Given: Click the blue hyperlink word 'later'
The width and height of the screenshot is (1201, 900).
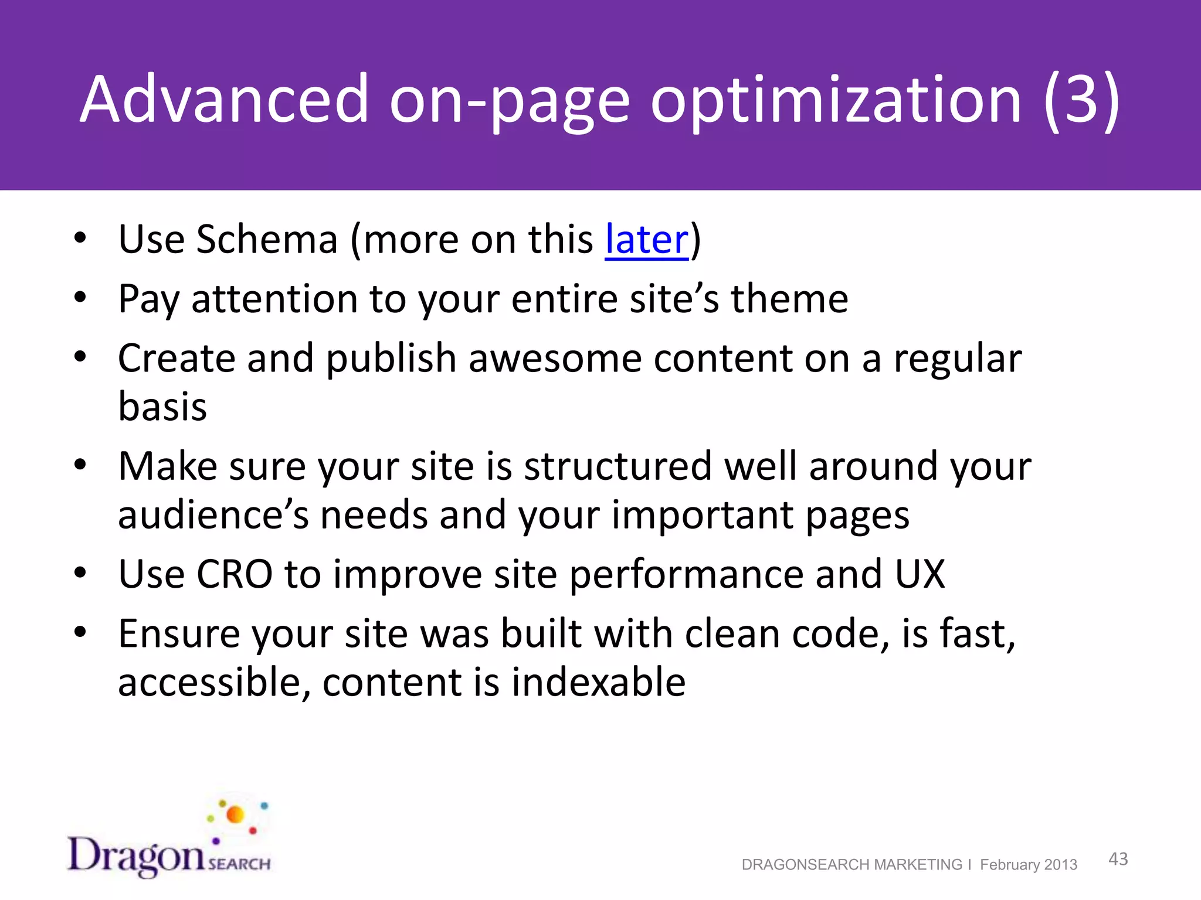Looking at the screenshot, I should (646, 240).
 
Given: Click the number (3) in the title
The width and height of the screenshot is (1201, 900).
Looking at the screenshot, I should (1081, 100).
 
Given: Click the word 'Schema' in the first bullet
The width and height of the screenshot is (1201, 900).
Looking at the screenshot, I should (267, 240).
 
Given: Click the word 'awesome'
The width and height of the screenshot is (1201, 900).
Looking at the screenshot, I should (555, 359).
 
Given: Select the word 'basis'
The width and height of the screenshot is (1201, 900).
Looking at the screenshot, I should (162, 407).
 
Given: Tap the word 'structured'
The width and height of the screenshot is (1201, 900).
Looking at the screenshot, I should (618, 466).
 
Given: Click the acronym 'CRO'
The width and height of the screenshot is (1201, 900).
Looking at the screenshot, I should (234, 574).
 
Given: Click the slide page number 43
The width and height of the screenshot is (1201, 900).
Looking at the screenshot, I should (1118, 859).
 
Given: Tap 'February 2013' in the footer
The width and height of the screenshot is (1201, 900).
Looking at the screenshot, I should (1029, 865).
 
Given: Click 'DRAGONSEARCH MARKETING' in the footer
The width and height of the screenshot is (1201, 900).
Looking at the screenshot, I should (851, 865).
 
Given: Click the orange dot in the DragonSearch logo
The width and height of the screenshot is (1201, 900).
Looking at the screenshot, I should (235, 814).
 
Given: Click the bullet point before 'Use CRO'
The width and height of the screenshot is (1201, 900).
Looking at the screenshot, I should (80, 572).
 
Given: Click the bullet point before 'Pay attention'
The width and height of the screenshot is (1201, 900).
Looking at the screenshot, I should (80, 297).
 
